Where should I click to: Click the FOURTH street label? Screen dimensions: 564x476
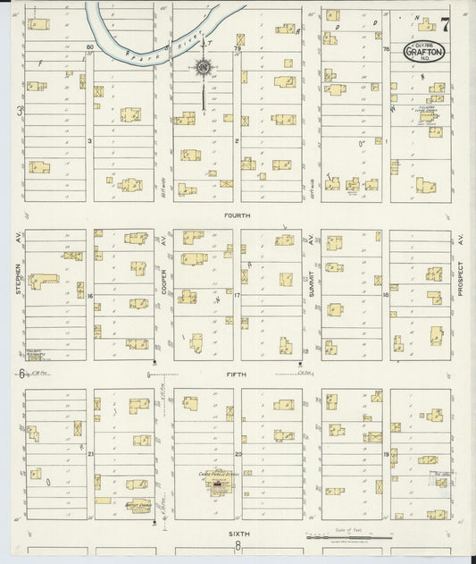[x=238, y=215]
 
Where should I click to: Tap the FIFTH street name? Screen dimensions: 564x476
[x=237, y=375]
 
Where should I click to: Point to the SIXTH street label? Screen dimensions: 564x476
[x=238, y=533]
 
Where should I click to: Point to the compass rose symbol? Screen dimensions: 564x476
[x=204, y=67]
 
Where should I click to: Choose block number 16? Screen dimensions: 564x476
[x=90, y=295]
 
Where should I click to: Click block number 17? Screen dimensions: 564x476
[x=238, y=295]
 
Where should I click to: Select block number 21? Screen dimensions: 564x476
[x=90, y=454]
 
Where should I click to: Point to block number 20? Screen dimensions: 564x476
[x=238, y=454]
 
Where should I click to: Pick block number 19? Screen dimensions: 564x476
[x=386, y=454]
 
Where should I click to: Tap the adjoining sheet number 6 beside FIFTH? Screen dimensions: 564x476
[x=21, y=374]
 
